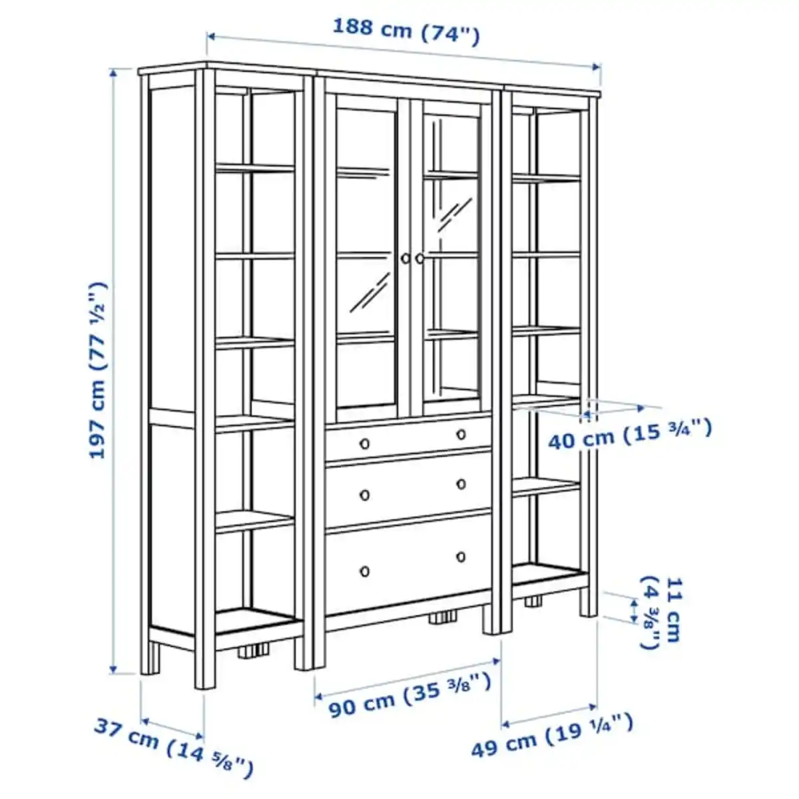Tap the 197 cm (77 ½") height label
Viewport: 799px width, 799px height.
click(x=98, y=370)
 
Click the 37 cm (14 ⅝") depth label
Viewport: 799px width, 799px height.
click(x=173, y=746)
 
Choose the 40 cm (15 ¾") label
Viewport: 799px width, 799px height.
click(x=629, y=434)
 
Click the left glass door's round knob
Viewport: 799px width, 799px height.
click(x=405, y=258)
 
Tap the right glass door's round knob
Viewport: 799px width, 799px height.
click(x=419, y=258)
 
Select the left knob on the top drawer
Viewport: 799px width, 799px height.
click(x=364, y=443)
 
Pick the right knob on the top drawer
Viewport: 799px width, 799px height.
click(x=461, y=435)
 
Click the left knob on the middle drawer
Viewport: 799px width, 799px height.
click(x=364, y=495)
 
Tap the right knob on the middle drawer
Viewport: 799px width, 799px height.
click(x=461, y=484)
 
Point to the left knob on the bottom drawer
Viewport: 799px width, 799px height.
click(x=364, y=571)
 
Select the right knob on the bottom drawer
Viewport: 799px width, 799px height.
click(x=461, y=557)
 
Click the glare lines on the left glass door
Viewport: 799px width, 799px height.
click(x=371, y=292)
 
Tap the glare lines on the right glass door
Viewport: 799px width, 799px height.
click(x=455, y=214)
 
